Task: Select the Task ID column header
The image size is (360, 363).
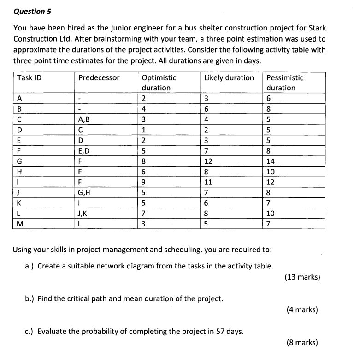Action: (29, 78)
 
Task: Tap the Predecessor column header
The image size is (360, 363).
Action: (99, 78)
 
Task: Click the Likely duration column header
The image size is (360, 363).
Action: (229, 78)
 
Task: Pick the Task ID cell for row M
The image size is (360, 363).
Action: (20, 224)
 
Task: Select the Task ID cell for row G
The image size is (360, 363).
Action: (19, 161)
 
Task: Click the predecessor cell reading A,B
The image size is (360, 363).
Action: (84, 119)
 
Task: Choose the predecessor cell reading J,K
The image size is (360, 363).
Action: (84, 213)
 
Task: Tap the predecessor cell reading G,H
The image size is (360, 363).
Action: (85, 192)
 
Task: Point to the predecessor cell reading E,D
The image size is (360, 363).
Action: (84, 150)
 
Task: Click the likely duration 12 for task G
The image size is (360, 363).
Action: (209, 161)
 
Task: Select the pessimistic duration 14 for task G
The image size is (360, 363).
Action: (271, 161)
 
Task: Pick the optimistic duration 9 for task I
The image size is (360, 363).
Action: (144, 182)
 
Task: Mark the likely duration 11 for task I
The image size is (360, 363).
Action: (208, 182)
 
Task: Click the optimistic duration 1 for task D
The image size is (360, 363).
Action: (144, 130)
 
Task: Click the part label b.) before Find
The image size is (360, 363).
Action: (30, 298)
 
